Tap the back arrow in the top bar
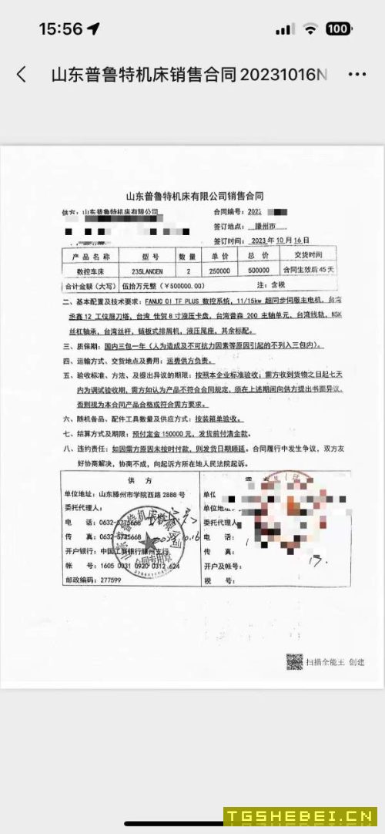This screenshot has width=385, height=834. (x=22, y=74)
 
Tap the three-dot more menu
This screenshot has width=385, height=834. (x=357, y=74)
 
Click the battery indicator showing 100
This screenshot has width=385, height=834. (x=338, y=29)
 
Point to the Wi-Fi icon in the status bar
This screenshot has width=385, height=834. (x=310, y=29)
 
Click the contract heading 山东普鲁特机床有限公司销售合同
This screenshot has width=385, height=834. (x=194, y=197)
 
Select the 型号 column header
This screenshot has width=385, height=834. (x=146, y=255)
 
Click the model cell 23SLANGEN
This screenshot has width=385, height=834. (x=146, y=271)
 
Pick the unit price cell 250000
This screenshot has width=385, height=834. (x=221, y=271)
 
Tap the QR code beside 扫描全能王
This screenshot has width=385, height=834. (x=294, y=661)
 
